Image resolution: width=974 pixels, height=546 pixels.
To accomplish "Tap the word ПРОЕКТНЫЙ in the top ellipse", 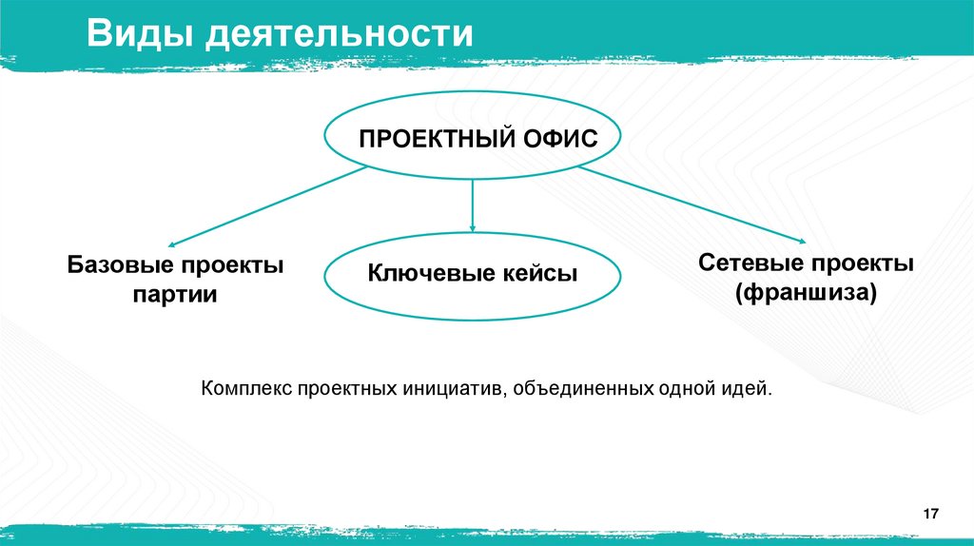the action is tap(425, 140).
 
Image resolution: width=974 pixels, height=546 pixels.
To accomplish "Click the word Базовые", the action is tap(118, 264).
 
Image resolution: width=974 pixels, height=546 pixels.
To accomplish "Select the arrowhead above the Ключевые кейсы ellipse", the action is tap(473, 227).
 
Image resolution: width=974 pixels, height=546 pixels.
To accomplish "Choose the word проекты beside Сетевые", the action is tap(861, 263).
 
